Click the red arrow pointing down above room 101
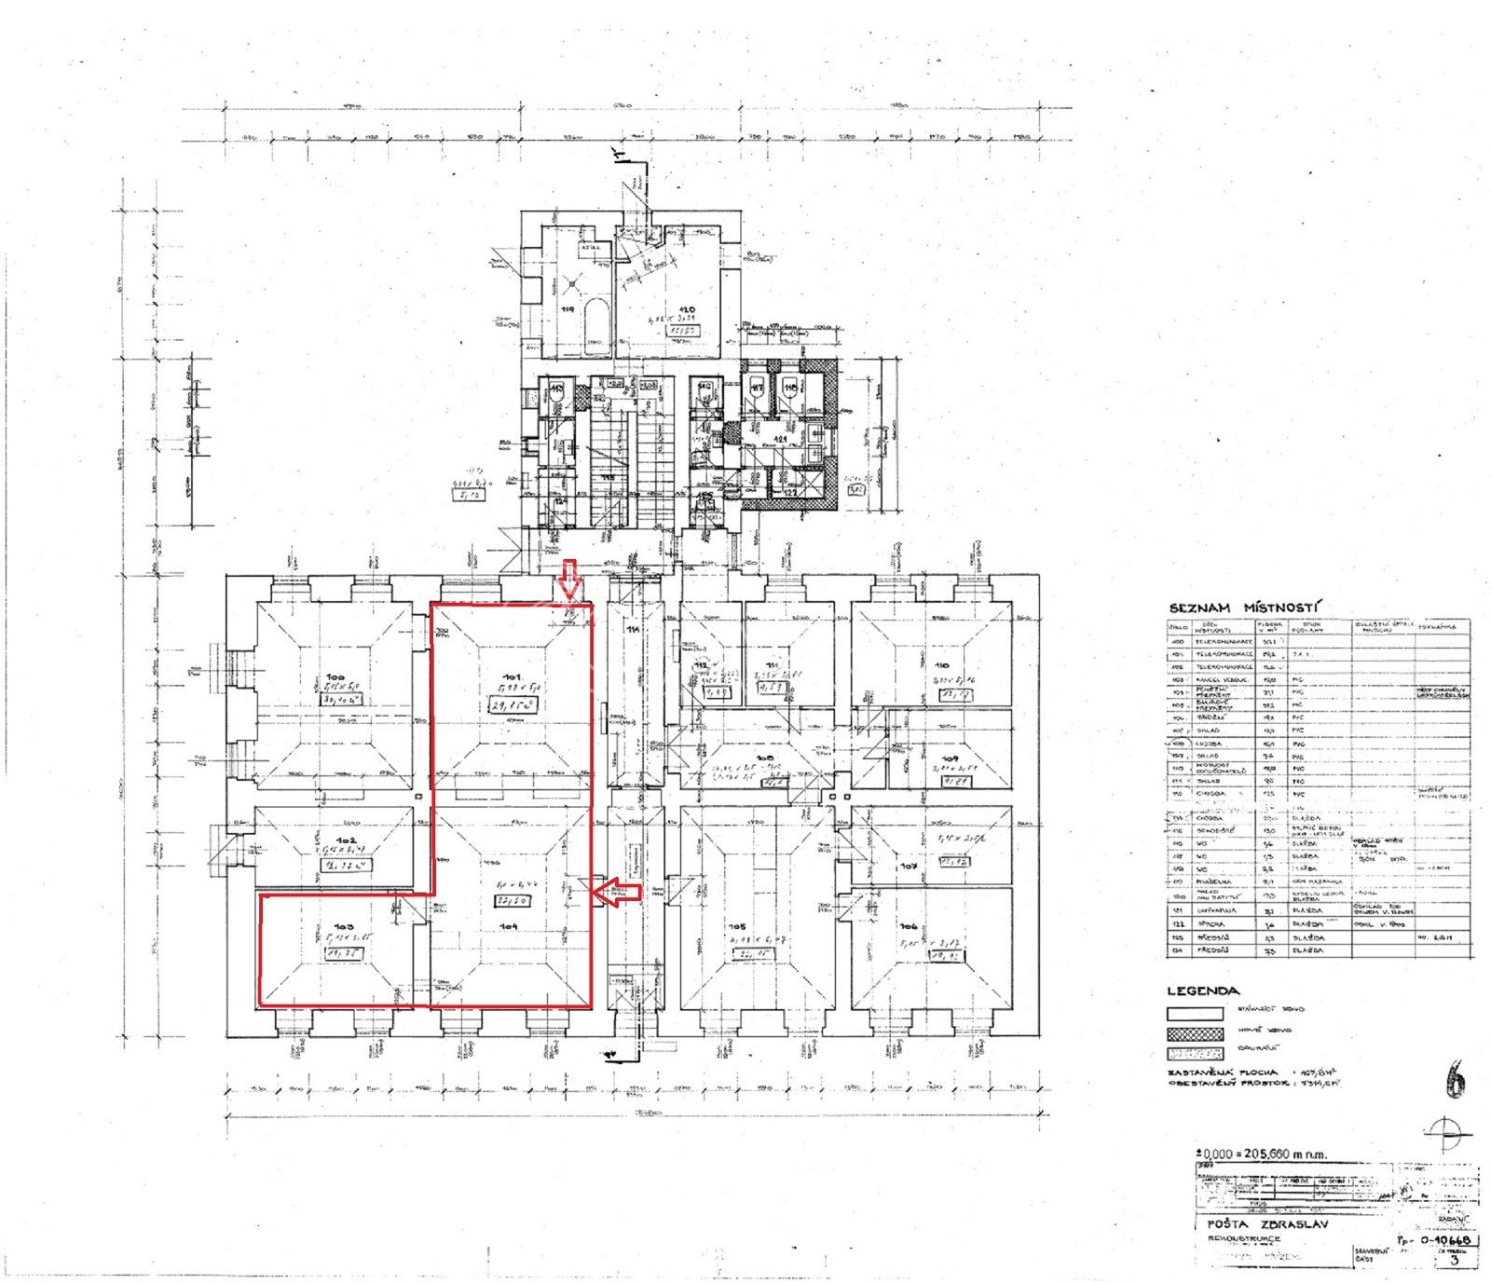570,580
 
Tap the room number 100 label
335,677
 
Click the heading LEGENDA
1203,991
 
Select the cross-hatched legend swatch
1196,1034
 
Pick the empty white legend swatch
1196,1014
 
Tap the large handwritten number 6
1455,1080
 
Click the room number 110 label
942,665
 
